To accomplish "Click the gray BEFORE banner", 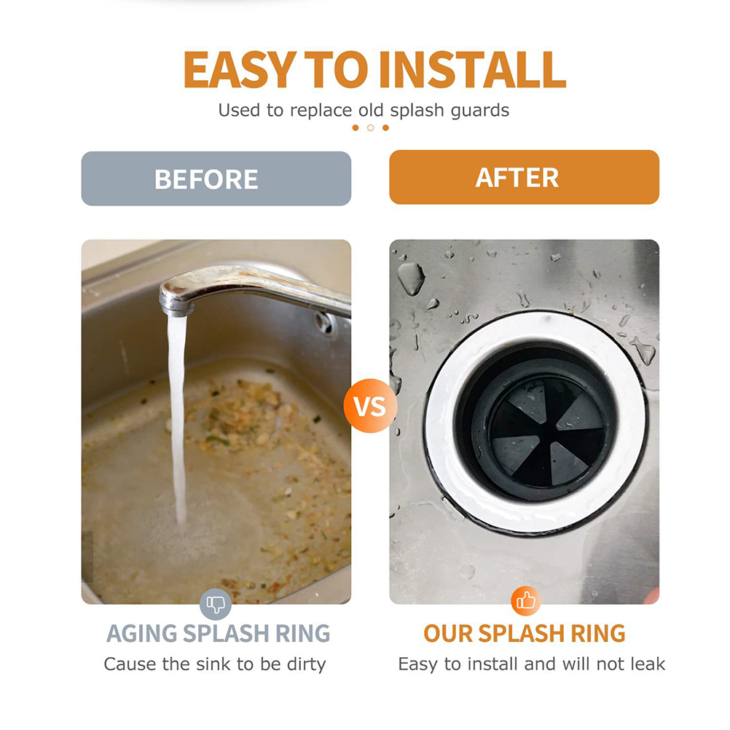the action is (216, 178).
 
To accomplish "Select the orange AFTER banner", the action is (525, 177).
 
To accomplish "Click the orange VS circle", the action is (371, 406).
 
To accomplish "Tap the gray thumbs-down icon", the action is (216, 604).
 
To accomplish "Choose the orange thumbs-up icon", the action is (525, 601).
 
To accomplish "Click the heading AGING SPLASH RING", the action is (218, 633).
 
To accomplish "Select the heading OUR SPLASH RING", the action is (525, 633).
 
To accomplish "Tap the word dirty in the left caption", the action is (306, 664).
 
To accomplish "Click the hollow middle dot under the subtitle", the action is (371, 127).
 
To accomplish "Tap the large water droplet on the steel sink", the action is (411, 278).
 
